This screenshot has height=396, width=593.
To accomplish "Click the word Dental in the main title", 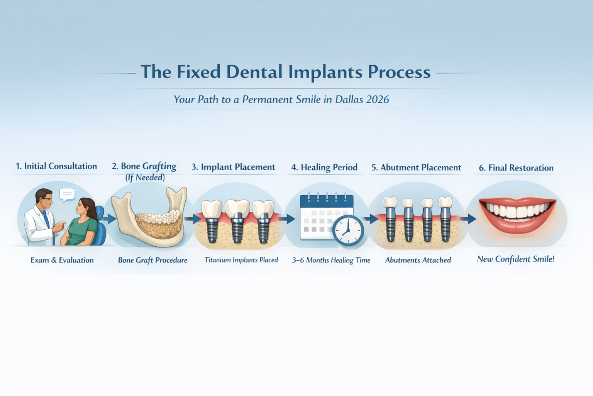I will [x=254, y=72].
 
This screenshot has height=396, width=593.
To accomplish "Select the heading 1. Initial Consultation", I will [x=56, y=166].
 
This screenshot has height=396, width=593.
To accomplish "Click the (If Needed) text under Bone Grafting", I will [x=145, y=178].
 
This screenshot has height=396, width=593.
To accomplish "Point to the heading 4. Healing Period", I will [x=324, y=167].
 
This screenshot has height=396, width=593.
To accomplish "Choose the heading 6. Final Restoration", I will [x=516, y=168].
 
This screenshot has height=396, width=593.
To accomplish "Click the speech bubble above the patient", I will [x=67, y=194].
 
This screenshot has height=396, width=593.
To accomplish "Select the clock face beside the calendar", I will [x=348, y=230].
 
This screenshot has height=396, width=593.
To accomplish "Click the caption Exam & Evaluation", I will [x=62, y=260].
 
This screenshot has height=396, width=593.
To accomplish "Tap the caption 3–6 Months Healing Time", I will [x=331, y=260].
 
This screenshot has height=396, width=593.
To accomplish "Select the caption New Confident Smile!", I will [x=515, y=259].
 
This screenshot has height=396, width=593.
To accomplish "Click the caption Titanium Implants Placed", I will [x=241, y=260].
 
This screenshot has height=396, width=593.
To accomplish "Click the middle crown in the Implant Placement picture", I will [x=237, y=209].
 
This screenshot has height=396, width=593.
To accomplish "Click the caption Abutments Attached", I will [x=418, y=260].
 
